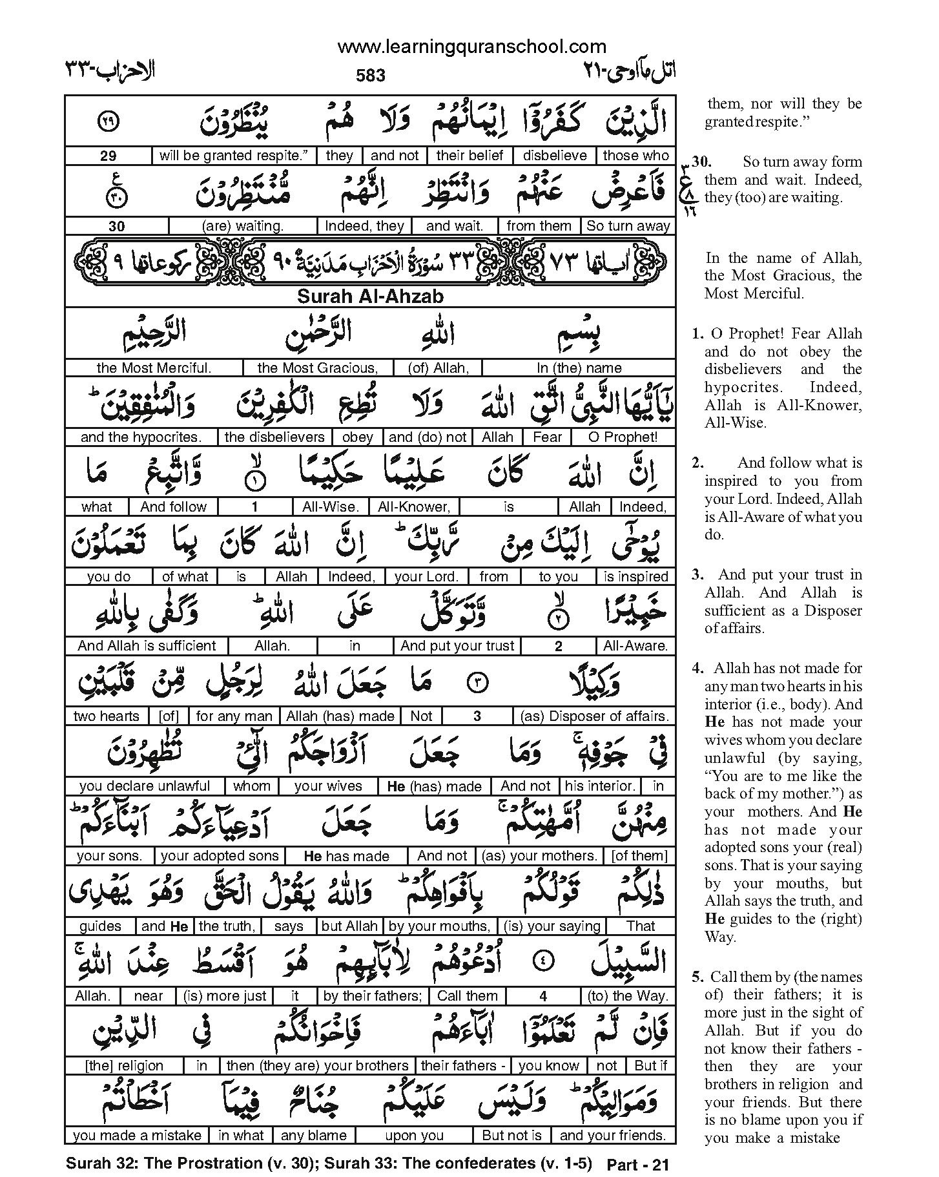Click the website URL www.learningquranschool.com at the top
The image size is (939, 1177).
click(x=471, y=47)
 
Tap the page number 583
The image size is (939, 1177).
click(x=370, y=76)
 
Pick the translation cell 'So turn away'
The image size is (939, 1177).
click(x=628, y=226)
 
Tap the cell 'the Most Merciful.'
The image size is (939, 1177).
click(x=154, y=368)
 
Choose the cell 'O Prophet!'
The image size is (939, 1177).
click(x=623, y=437)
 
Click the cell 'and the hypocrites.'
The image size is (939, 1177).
click(x=141, y=437)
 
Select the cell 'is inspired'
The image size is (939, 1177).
click(x=635, y=577)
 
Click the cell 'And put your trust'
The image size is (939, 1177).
click(x=457, y=646)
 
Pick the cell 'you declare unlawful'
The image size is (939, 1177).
click(x=145, y=786)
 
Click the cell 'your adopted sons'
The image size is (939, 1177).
click(x=220, y=856)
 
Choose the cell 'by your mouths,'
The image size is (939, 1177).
click(x=440, y=926)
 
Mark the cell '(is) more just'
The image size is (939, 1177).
click(x=224, y=996)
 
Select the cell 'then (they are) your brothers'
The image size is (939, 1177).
click(x=318, y=1066)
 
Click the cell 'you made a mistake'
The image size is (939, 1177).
click(x=138, y=1135)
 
